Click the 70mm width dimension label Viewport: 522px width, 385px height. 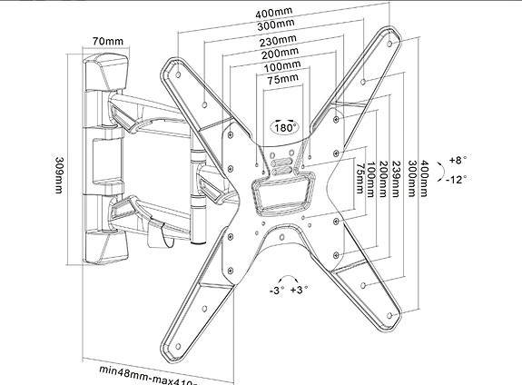point(107,42)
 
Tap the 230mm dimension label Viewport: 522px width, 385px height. point(282,41)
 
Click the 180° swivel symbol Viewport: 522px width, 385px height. point(282,127)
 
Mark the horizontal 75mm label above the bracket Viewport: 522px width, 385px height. point(282,80)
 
